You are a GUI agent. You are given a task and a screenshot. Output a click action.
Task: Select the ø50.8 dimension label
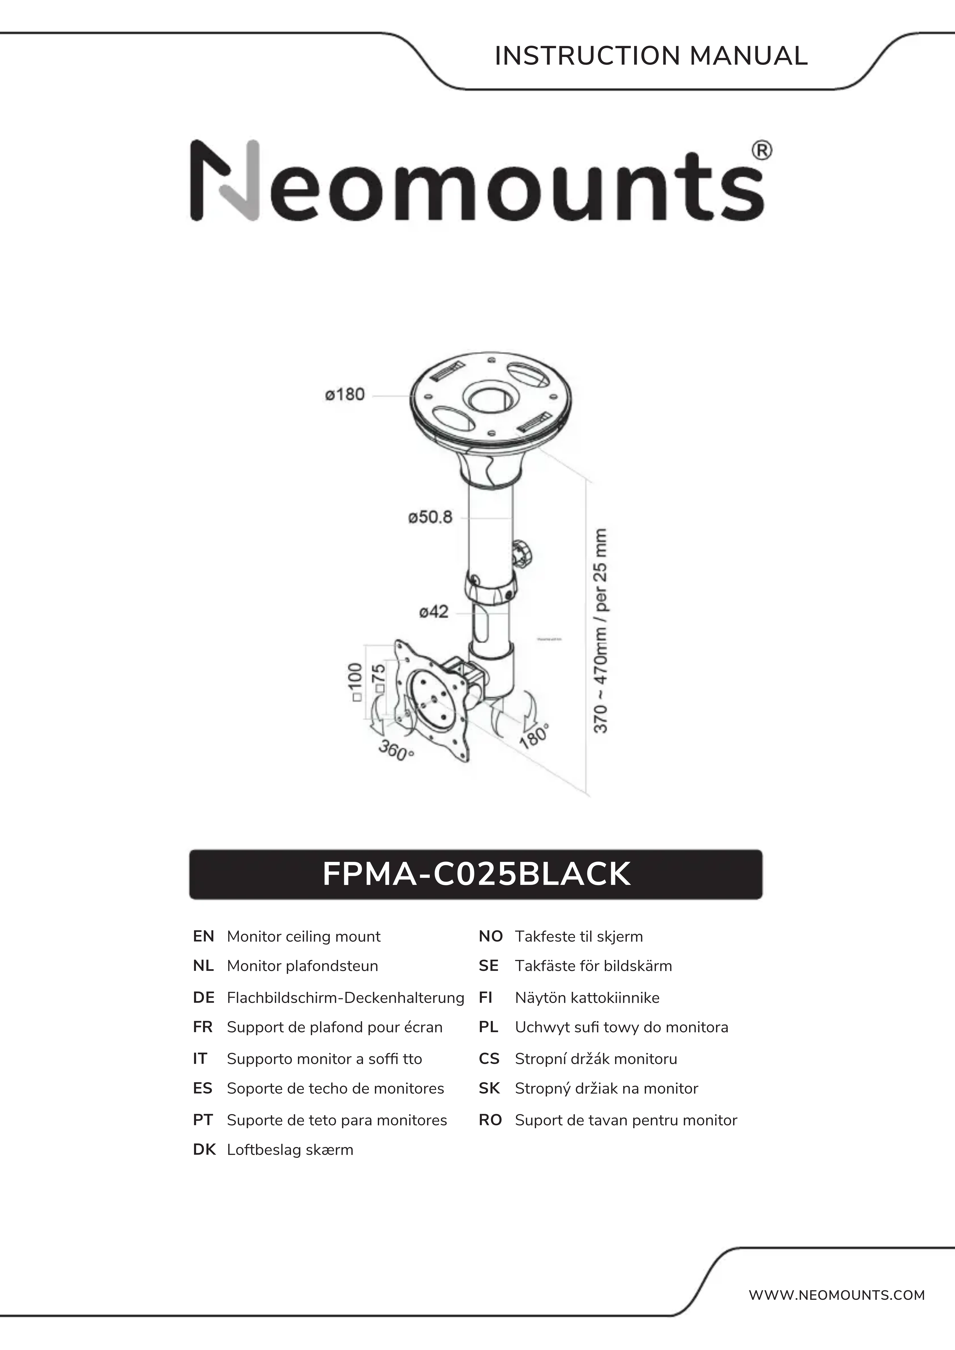430,517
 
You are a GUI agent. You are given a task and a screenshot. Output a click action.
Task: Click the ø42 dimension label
434,612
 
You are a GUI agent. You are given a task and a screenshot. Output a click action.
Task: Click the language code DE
203,998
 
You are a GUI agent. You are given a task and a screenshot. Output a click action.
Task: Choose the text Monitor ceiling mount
303,937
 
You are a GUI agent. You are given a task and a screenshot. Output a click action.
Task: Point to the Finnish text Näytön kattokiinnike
587,998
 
